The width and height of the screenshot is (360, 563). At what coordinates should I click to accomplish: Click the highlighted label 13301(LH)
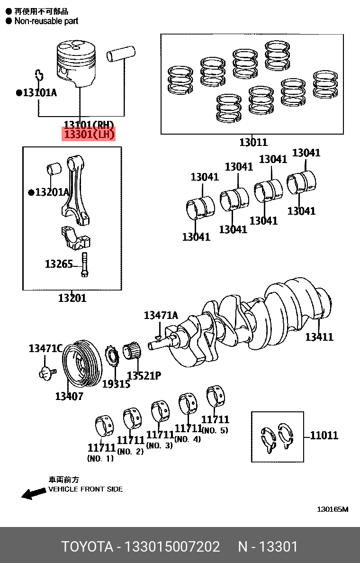(89, 135)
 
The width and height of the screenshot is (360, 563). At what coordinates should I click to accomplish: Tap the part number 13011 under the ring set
(253, 142)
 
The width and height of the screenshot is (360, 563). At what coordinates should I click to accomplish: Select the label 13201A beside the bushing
(51, 192)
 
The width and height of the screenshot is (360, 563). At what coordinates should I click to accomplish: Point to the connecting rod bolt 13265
(84, 264)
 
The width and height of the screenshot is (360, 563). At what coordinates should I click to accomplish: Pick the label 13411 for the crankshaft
(319, 337)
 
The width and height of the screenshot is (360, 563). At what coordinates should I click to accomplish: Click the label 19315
(116, 384)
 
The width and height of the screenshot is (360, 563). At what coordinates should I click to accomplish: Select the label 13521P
(144, 376)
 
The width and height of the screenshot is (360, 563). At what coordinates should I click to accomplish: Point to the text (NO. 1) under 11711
(100, 458)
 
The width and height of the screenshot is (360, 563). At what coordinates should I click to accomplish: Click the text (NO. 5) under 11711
(215, 430)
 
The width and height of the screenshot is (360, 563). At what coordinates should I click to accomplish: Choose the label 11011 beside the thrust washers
(324, 435)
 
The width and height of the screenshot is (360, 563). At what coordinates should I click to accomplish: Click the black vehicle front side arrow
(33, 494)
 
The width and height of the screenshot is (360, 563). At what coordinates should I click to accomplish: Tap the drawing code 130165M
(333, 509)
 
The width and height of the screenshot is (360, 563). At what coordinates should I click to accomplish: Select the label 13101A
(39, 93)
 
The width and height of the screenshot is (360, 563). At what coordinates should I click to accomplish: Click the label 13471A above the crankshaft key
(161, 315)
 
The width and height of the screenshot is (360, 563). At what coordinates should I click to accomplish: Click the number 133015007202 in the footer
(171, 546)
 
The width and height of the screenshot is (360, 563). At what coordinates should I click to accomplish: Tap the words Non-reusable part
(46, 21)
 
